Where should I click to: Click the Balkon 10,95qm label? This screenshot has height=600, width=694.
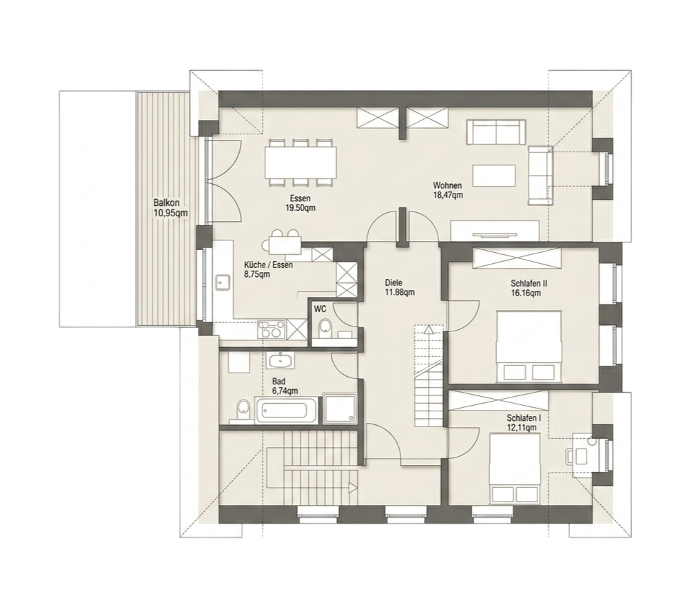(x=170, y=207)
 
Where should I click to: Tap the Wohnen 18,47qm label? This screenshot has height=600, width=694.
(x=448, y=190)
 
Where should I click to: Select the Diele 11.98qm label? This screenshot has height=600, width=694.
(x=400, y=287)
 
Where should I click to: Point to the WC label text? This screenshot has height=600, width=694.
(x=320, y=309)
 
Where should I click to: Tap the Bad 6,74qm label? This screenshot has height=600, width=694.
(x=285, y=386)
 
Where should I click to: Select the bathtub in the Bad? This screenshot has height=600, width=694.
(x=287, y=410)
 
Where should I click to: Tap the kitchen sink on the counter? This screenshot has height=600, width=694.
(x=222, y=282)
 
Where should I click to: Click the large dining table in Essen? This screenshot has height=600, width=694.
(x=300, y=162)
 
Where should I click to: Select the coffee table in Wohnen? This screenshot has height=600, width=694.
(x=494, y=176)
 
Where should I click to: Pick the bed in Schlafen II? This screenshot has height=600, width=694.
(x=529, y=346)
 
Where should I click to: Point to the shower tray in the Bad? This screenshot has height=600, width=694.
(x=340, y=408)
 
